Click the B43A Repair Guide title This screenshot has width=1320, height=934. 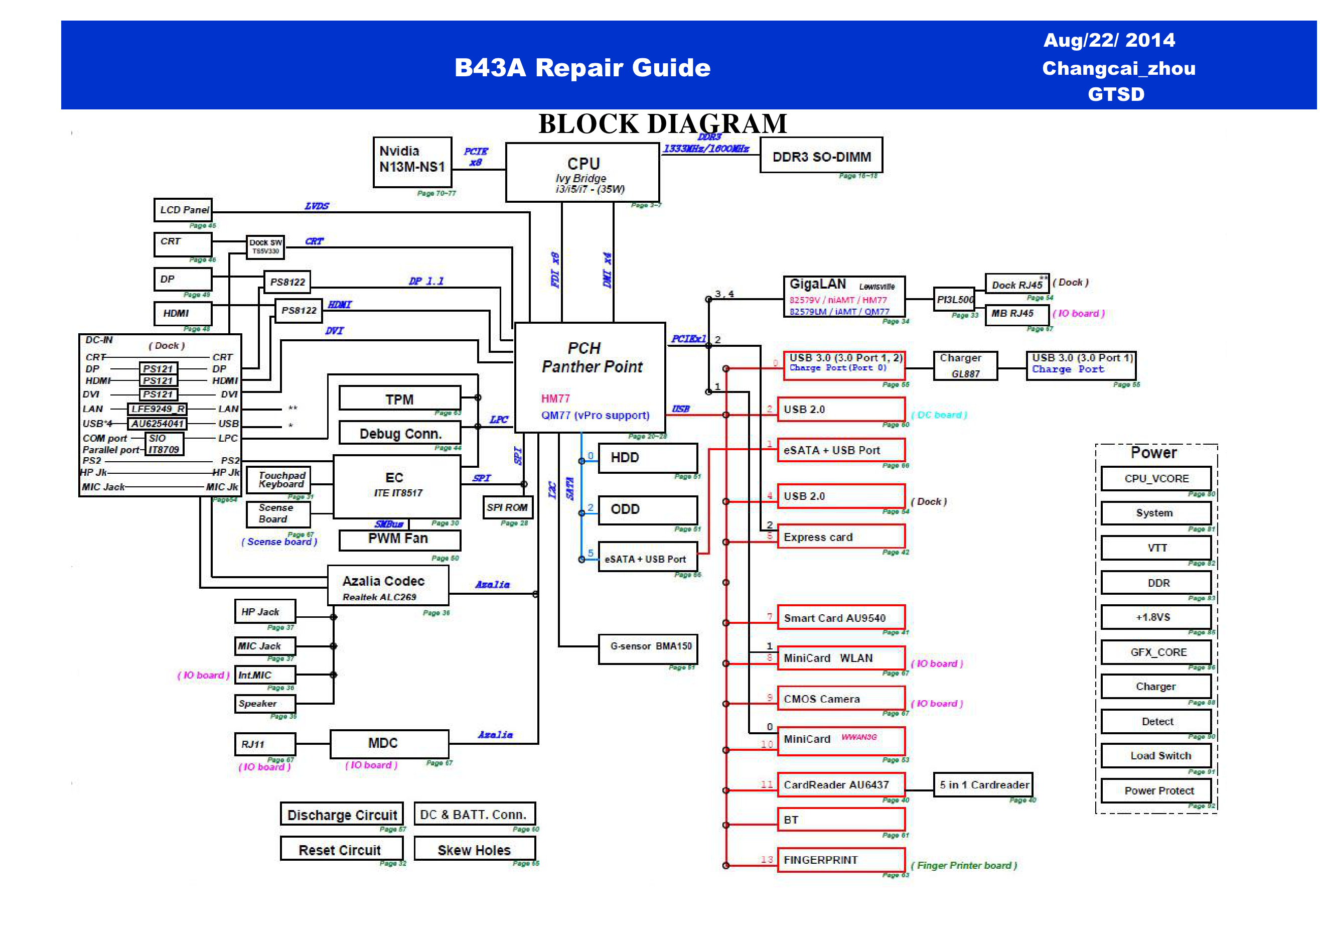[x=582, y=67]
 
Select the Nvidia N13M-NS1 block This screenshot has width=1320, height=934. [x=412, y=162]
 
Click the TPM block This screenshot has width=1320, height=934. [x=399, y=398]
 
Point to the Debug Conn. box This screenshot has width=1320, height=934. [x=399, y=433]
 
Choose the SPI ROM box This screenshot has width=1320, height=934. [x=507, y=507]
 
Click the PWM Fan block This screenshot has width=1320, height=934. [x=399, y=540]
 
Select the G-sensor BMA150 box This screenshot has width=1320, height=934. [x=648, y=648]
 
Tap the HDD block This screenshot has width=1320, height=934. [x=648, y=458]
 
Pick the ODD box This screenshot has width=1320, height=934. [x=648, y=509]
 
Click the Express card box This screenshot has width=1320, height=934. [x=840, y=537]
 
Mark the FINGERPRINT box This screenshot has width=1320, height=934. [x=840, y=859]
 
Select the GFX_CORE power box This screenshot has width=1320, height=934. [x=1157, y=651]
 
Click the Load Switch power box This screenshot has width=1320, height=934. [x=1157, y=755]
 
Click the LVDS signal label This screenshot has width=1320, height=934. [x=317, y=206]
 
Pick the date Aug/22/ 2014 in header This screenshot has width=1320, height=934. [x=1108, y=40]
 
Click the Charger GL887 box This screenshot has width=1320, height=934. [x=965, y=366]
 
